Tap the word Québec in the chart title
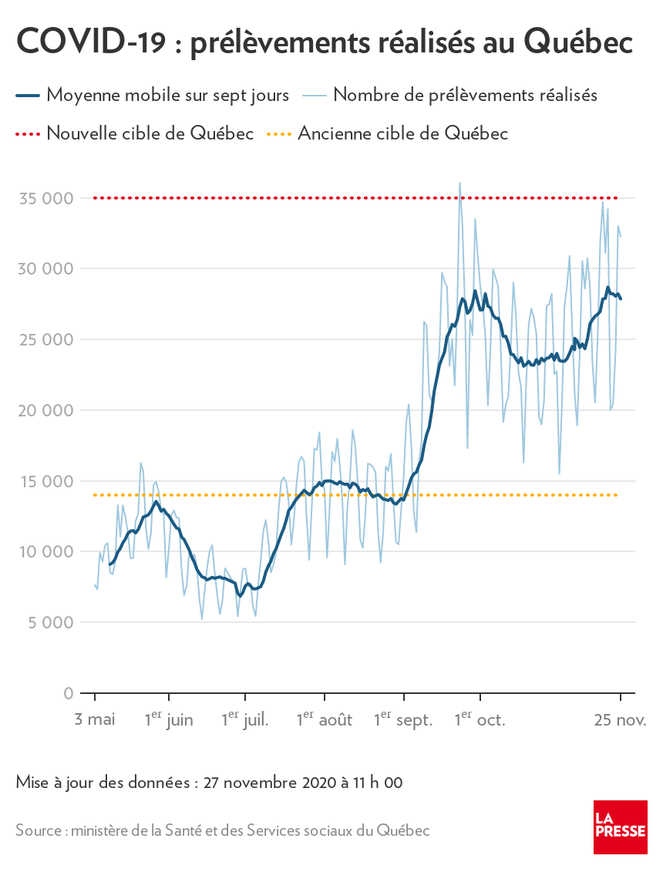[x=578, y=43]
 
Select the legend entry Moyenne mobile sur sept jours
[x=167, y=96]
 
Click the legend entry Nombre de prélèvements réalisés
[x=466, y=96]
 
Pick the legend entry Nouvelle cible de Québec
[x=150, y=133]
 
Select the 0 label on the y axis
[x=69, y=693]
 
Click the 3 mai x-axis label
[x=95, y=720]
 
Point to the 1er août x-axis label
[x=325, y=720]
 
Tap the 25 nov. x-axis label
[x=620, y=720]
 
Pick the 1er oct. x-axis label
[x=480, y=720]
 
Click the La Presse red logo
[x=620, y=827]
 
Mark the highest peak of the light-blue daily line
[x=459, y=184]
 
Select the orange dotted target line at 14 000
[x=231, y=495]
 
